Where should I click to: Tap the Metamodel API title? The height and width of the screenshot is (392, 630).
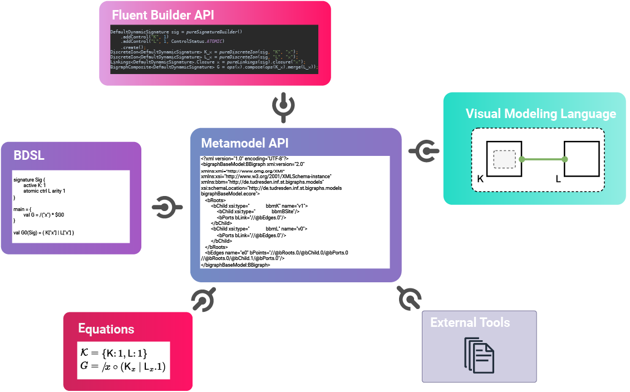tap(245, 143)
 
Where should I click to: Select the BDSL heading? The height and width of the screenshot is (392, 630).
tap(29, 156)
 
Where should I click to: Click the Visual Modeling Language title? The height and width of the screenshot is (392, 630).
tap(540, 114)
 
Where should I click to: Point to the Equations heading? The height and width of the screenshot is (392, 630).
tap(106, 329)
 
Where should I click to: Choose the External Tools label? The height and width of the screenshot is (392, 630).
tap(470, 322)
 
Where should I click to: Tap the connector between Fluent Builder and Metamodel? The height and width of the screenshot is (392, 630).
tap(283, 107)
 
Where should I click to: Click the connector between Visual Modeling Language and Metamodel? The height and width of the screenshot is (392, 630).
tap(425, 150)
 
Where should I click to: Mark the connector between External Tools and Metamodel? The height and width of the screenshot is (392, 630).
tap(410, 298)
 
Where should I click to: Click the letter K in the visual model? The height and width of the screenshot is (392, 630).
tap(481, 179)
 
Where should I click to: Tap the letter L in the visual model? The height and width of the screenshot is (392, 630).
tap(559, 179)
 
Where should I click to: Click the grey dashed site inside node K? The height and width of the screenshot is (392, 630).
tap(504, 159)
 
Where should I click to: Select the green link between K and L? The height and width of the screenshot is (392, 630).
tap(543, 160)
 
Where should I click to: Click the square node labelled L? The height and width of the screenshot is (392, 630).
tap(582, 159)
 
